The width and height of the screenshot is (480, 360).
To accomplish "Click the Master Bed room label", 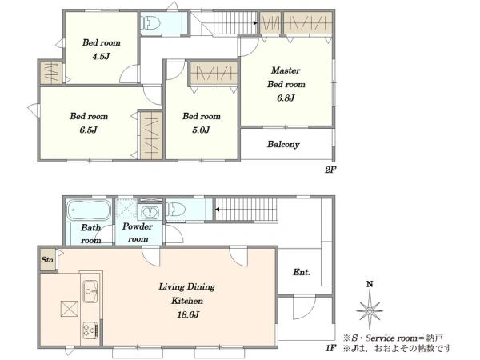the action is tap(286, 77).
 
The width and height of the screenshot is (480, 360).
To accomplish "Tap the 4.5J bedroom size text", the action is tap(101, 56).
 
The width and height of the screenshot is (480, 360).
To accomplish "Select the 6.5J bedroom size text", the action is tap(88, 130).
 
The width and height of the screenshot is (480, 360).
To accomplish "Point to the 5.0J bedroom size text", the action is tap(201, 130).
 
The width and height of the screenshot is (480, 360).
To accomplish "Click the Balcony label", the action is tap(283, 144).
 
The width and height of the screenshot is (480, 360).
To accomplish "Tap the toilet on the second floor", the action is tap(150, 23).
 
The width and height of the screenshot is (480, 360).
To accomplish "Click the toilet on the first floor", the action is tap(176, 210).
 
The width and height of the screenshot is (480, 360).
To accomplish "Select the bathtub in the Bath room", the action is tap(89, 210).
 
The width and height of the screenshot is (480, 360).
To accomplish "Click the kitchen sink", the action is tap(90, 291).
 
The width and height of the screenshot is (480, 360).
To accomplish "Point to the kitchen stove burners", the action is tap(90, 330).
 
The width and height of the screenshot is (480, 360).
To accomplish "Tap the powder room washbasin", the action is tap(150, 212).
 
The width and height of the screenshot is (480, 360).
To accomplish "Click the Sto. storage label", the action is tap(48, 260).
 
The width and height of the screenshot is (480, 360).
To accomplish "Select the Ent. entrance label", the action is tap(302, 272).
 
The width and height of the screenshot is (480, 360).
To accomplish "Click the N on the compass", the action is tap(370, 284).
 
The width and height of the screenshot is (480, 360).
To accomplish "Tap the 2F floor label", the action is tap(330, 170).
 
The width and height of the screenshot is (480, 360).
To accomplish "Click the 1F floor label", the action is tap(330, 348).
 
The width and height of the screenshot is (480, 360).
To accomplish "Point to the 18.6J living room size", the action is tap(188, 314).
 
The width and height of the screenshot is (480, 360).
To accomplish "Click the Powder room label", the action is tap(138, 233).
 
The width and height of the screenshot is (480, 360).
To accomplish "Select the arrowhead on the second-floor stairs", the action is tap(255, 22).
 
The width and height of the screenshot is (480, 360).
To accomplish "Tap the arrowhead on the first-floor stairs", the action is tap(217, 210).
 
